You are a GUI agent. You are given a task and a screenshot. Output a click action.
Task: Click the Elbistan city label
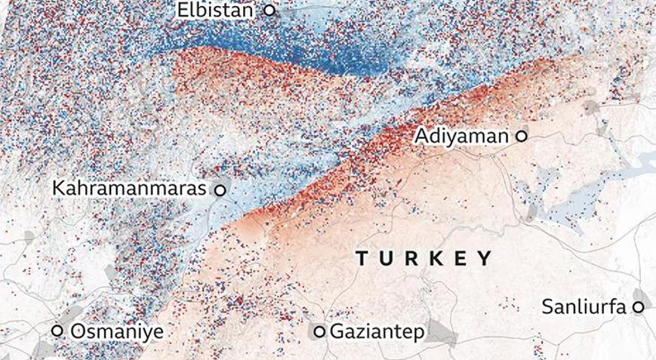pos(215,11)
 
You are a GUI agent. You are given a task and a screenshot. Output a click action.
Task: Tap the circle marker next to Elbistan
pos(269,11)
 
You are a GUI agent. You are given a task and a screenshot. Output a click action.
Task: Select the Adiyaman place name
pos(461,137)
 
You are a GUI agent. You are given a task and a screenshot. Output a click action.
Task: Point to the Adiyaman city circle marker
pos(521,137)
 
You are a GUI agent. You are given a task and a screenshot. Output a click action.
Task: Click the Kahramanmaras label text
pos(129,189)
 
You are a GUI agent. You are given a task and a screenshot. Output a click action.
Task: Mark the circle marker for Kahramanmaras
pos(220,190)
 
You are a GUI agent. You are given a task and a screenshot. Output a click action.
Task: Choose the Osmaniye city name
pos(116,331)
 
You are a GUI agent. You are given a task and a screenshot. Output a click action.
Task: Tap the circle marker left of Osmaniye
pos(57,331)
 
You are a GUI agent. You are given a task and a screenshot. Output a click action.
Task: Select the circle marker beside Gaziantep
pos(319,331)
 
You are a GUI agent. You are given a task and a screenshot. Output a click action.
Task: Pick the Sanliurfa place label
pos(583,307)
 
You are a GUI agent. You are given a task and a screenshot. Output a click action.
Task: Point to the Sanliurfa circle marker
pos(639,307)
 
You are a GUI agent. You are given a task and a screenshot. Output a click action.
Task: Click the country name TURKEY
pos(423,258)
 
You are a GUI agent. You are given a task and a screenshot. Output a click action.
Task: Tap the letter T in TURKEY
pos(362,258)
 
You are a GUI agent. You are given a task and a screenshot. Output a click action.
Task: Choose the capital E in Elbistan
pos(182,11)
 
